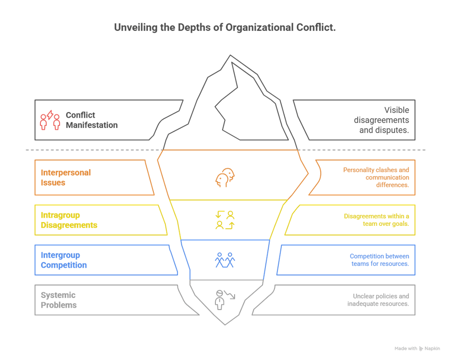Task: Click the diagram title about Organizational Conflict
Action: (225, 28)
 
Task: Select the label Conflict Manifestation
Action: (91, 120)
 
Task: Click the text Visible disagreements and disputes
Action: (384, 120)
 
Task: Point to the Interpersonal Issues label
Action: (66, 177)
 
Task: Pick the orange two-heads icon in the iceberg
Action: (225, 178)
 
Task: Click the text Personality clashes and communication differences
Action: (375, 177)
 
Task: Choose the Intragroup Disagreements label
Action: (69, 220)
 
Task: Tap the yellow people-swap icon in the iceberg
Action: (225, 220)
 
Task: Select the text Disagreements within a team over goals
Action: (376, 220)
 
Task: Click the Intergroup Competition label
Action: (63, 260)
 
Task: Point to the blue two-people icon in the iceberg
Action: (225, 260)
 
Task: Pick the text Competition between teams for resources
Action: (379, 260)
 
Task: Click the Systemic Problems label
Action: (58, 299)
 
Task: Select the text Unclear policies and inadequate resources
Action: (378, 300)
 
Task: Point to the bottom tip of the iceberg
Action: (225, 324)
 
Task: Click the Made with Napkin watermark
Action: (417, 348)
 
